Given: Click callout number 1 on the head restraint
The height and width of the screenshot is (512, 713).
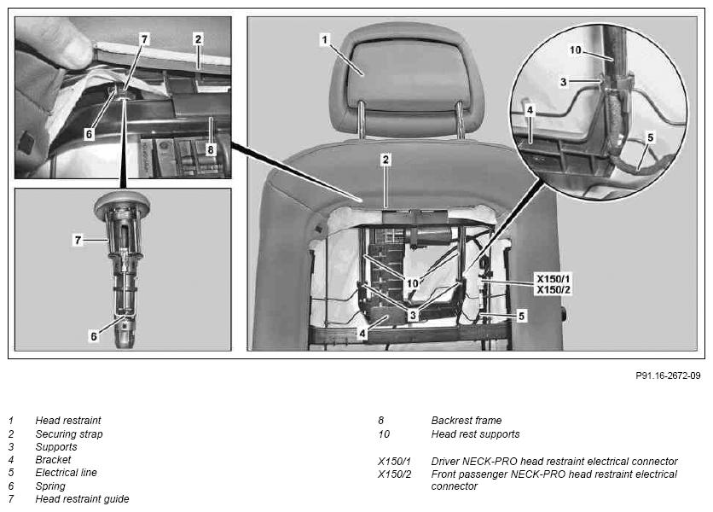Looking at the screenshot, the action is click(325, 39).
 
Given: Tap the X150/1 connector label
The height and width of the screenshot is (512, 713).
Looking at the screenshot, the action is click(553, 279).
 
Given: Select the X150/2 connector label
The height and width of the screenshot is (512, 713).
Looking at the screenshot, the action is click(553, 290).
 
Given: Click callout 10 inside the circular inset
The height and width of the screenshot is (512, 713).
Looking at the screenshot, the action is click(575, 49).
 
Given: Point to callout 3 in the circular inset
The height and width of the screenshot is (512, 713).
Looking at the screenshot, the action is click(564, 82).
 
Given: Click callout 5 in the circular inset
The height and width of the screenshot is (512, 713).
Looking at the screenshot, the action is click(650, 137).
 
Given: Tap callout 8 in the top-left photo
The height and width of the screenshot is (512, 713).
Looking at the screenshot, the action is click(210, 149).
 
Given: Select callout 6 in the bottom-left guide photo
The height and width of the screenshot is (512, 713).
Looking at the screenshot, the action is click(94, 336).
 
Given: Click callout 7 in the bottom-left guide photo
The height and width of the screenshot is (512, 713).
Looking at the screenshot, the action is click(78, 240).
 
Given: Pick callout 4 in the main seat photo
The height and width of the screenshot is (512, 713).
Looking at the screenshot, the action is click(362, 334).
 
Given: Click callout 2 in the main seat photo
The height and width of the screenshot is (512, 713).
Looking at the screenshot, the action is click(385, 160).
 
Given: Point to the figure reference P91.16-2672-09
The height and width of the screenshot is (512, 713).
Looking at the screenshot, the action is click(668, 375).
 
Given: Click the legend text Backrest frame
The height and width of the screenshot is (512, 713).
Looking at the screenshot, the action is click(466, 420).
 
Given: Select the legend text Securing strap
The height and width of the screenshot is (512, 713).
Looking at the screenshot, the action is click(69, 433).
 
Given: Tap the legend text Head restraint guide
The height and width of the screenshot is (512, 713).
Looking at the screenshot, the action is click(83, 499).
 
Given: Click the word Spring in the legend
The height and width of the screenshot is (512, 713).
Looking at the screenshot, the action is click(50, 486).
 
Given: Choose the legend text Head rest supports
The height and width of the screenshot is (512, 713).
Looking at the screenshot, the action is click(475, 433).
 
